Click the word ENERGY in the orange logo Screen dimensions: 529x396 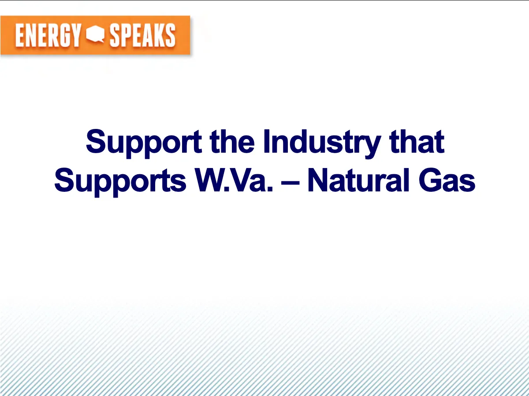click(48, 35)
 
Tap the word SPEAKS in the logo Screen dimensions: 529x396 click(143, 35)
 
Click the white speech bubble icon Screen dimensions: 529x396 click(95, 34)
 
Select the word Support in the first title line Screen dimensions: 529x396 click(144, 143)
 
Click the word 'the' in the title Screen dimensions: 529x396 click(232, 141)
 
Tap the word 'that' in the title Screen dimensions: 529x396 click(417, 141)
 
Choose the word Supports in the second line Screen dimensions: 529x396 click(120, 182)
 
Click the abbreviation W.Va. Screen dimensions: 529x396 click(234, 180)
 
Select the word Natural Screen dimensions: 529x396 click(358, 180)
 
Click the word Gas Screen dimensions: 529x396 click(447, 180)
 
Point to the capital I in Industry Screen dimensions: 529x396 click(266, 141)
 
